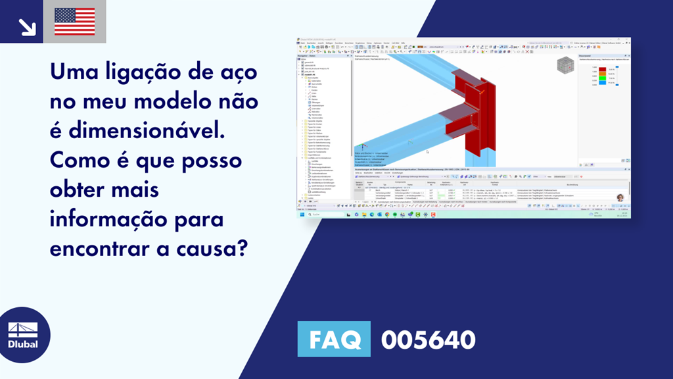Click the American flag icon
point(74,22)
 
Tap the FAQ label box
point(335,340)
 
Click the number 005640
point(428,340)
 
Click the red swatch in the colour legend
point(602,68)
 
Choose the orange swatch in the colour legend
point(602,74)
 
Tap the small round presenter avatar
point(620,197)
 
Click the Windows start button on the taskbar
point(302,215)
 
